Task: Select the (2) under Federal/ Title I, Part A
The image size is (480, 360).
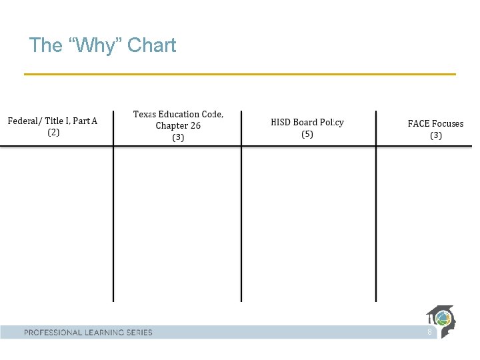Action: point(53,132)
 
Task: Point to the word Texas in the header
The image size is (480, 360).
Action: point(146,114)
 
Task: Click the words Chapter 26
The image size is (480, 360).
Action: point(178,125)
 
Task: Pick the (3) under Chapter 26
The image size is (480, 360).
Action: point(178,137)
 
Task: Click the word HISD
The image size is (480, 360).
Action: point(283,123)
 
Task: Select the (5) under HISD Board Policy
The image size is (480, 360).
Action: point(307,134)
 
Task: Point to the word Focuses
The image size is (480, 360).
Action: point(447,123)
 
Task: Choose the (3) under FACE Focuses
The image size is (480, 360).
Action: point(435,135)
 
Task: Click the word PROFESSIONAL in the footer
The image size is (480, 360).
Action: point(53,332)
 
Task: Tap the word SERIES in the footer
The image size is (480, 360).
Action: point(138,332)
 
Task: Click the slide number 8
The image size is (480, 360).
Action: point(429,331)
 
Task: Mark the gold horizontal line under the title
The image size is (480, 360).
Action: point(240,74)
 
